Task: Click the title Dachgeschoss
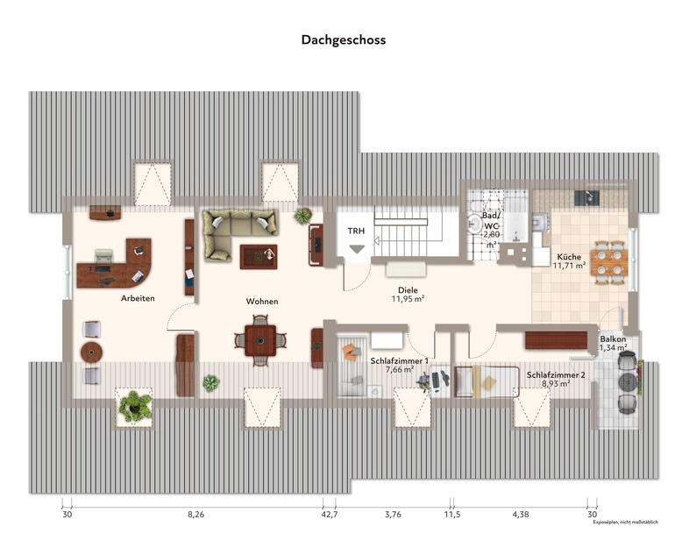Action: click(343, 39)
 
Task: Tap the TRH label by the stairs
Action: click(356, 231)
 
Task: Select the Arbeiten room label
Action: click(138, 299)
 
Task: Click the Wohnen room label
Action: click(261, 301)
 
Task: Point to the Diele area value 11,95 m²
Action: click(408, 299)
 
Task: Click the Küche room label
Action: click(569, 256)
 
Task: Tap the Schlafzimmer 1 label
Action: click(399, 360)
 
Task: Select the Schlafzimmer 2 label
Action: click(556, 374)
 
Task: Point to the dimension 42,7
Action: click(330, 515)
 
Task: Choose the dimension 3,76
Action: click(393, 515)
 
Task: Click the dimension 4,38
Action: click(519, 515)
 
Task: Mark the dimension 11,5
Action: click(452, 515)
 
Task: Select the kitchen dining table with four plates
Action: click(607, 260)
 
